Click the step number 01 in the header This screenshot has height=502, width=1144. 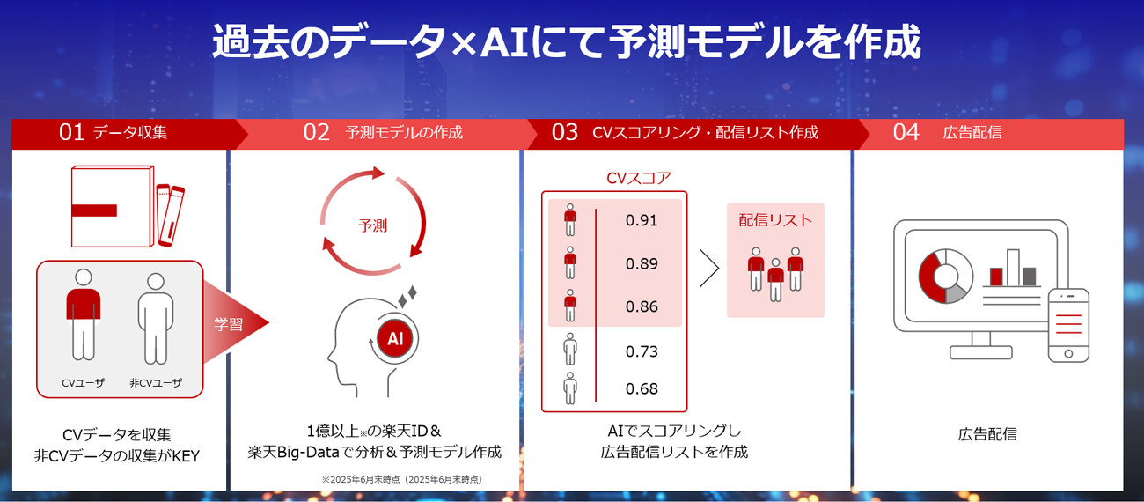[x=71, y=132]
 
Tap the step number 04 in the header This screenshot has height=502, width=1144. [x=906, y=132]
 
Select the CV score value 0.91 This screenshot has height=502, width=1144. [x=642, y=220]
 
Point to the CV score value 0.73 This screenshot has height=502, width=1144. [x=642, y=351]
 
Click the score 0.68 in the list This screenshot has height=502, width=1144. [x=642, y=388]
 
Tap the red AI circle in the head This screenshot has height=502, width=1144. [x=395, y=338]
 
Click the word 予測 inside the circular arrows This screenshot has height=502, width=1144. [x=373, y=225]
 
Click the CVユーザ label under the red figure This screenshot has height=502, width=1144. [x=83, y=382]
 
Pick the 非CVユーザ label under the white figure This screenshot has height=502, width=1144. [x=155, y=382]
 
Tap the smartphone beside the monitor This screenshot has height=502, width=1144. [x=1068, y=326]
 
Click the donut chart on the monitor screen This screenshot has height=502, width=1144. [x=945, y=276]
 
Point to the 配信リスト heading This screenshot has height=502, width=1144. [x=775, y=220]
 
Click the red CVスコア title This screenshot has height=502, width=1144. [x=638, y=178]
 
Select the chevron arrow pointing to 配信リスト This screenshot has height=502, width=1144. [x=709, y=269]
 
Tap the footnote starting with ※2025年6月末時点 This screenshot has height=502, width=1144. [x=402, y=479]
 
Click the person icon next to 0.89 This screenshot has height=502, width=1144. [x=570, y=262]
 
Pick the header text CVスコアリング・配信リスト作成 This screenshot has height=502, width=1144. [x=705, y=132]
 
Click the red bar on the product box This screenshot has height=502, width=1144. [x=94, y=210]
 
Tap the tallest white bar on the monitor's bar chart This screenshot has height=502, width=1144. [x=1013, y=268]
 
